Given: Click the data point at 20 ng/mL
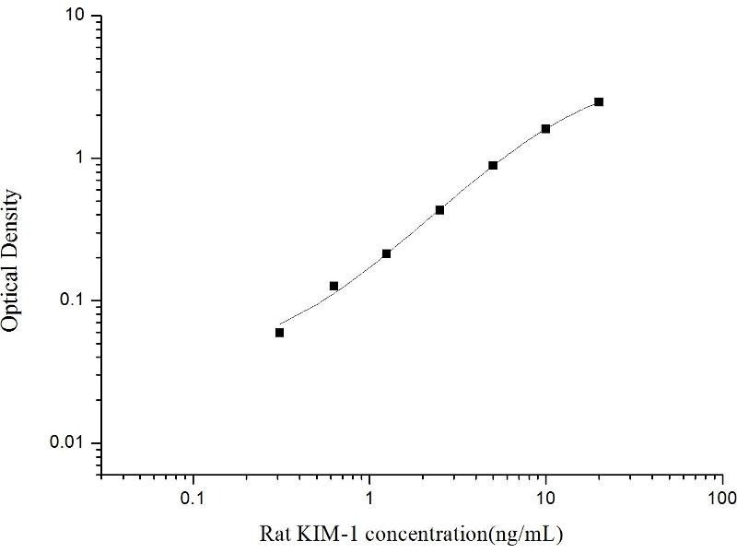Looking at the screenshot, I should pos(599,101).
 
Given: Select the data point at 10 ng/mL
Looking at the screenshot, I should pos(545,129).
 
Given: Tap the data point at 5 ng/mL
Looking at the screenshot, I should pos(493,165).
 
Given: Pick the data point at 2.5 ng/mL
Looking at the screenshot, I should pos(439,210).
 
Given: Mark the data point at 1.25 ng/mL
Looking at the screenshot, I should pos(386,253).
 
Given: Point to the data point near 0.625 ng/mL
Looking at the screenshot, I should pos(333,286).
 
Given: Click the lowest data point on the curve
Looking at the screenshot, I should pos(279,333).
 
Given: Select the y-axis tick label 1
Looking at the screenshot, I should pos(81,159).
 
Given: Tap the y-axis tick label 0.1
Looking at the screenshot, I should pos(73,300).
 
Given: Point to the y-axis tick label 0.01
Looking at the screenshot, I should pos(68,443).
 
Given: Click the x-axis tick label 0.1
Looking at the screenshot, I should pos(193,499).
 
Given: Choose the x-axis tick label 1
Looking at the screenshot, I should pos(369,499).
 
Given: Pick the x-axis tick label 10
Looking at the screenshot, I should pos(546,499).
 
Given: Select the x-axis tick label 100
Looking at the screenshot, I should pos(722,499).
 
